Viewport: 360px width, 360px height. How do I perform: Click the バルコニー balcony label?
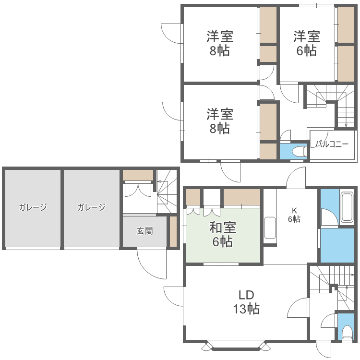(332, 144)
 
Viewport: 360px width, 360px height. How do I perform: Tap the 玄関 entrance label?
(144, 231)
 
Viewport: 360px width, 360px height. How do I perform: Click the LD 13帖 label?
(246, 302)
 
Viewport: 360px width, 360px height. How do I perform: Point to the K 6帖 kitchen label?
(294, 214)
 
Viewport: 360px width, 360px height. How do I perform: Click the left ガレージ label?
(33, 207)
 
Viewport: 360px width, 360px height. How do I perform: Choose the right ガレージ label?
(91, 207)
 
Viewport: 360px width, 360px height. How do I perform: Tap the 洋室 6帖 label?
(307, 43)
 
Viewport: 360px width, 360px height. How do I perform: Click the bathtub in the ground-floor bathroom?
(347, 207)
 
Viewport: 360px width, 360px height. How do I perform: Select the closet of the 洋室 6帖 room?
(346, 43)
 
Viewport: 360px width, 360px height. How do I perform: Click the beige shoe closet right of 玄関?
(173, 231)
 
